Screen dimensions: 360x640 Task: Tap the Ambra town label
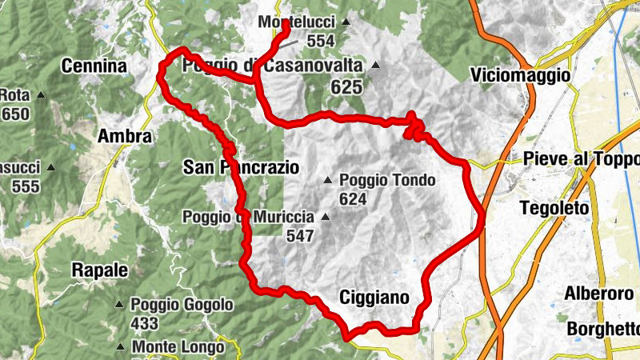124,137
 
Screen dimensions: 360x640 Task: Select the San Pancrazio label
241,167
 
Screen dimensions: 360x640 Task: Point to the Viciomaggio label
521,75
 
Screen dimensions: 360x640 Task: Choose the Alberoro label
599,293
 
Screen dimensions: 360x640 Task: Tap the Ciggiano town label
374,298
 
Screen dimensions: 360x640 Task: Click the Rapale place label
100,270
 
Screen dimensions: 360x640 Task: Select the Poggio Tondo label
387,180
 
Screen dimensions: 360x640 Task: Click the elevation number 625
346,87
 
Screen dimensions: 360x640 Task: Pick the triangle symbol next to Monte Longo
120,346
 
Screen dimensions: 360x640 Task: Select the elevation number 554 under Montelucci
320,42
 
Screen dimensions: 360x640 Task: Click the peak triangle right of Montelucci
345,22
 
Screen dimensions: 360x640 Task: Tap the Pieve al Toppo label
582,159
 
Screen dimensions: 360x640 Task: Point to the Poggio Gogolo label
182,305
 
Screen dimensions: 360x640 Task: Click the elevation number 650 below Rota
15,114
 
